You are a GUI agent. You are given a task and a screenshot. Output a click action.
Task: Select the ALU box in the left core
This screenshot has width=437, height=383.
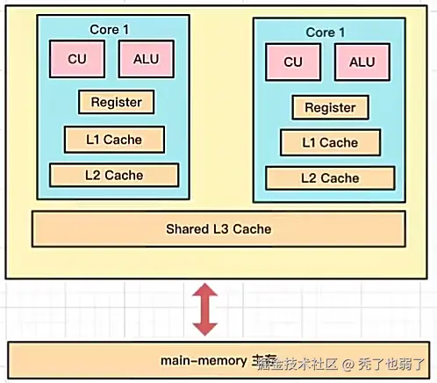click(146, 59)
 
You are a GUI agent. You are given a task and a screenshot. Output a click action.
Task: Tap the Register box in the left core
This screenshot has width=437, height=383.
click(116, 102)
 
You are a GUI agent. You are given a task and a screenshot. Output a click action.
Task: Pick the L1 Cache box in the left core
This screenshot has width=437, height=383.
click(114, 139)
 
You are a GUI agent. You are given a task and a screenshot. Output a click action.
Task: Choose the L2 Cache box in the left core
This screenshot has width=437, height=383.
click(114, 175)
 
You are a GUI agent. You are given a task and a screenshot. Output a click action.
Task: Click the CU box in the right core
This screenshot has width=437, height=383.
click(292, 62)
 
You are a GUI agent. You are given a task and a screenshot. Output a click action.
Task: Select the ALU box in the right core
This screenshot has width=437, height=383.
click(362, 62)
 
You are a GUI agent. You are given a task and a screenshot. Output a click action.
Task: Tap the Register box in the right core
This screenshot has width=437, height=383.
click(330, 108)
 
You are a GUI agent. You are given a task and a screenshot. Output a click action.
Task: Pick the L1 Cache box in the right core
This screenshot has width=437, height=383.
click(330, 142)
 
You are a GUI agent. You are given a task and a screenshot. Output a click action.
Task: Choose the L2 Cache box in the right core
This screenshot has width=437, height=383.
click(330, 177)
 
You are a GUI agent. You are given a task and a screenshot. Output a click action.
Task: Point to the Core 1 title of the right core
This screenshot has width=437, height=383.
click(326, 33)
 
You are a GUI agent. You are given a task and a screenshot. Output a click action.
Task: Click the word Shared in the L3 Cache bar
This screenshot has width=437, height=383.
click(186, 229)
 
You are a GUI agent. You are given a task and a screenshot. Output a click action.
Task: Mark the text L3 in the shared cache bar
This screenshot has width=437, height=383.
click(218, 229)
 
